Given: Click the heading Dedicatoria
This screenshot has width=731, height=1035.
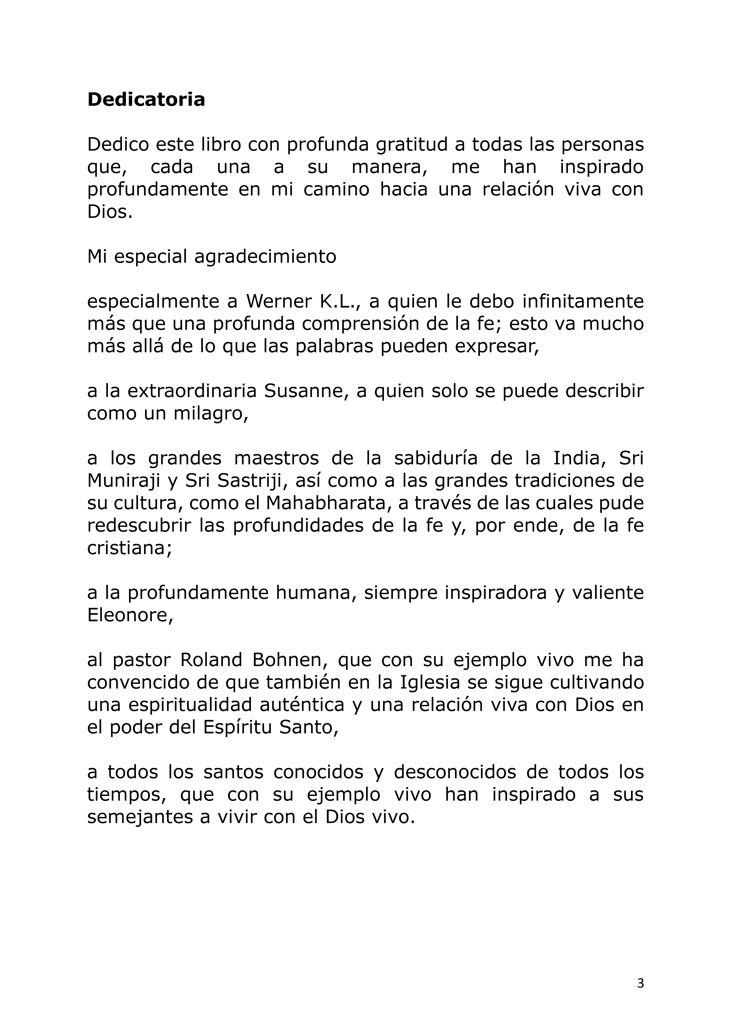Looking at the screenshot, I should tap(146, 99).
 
